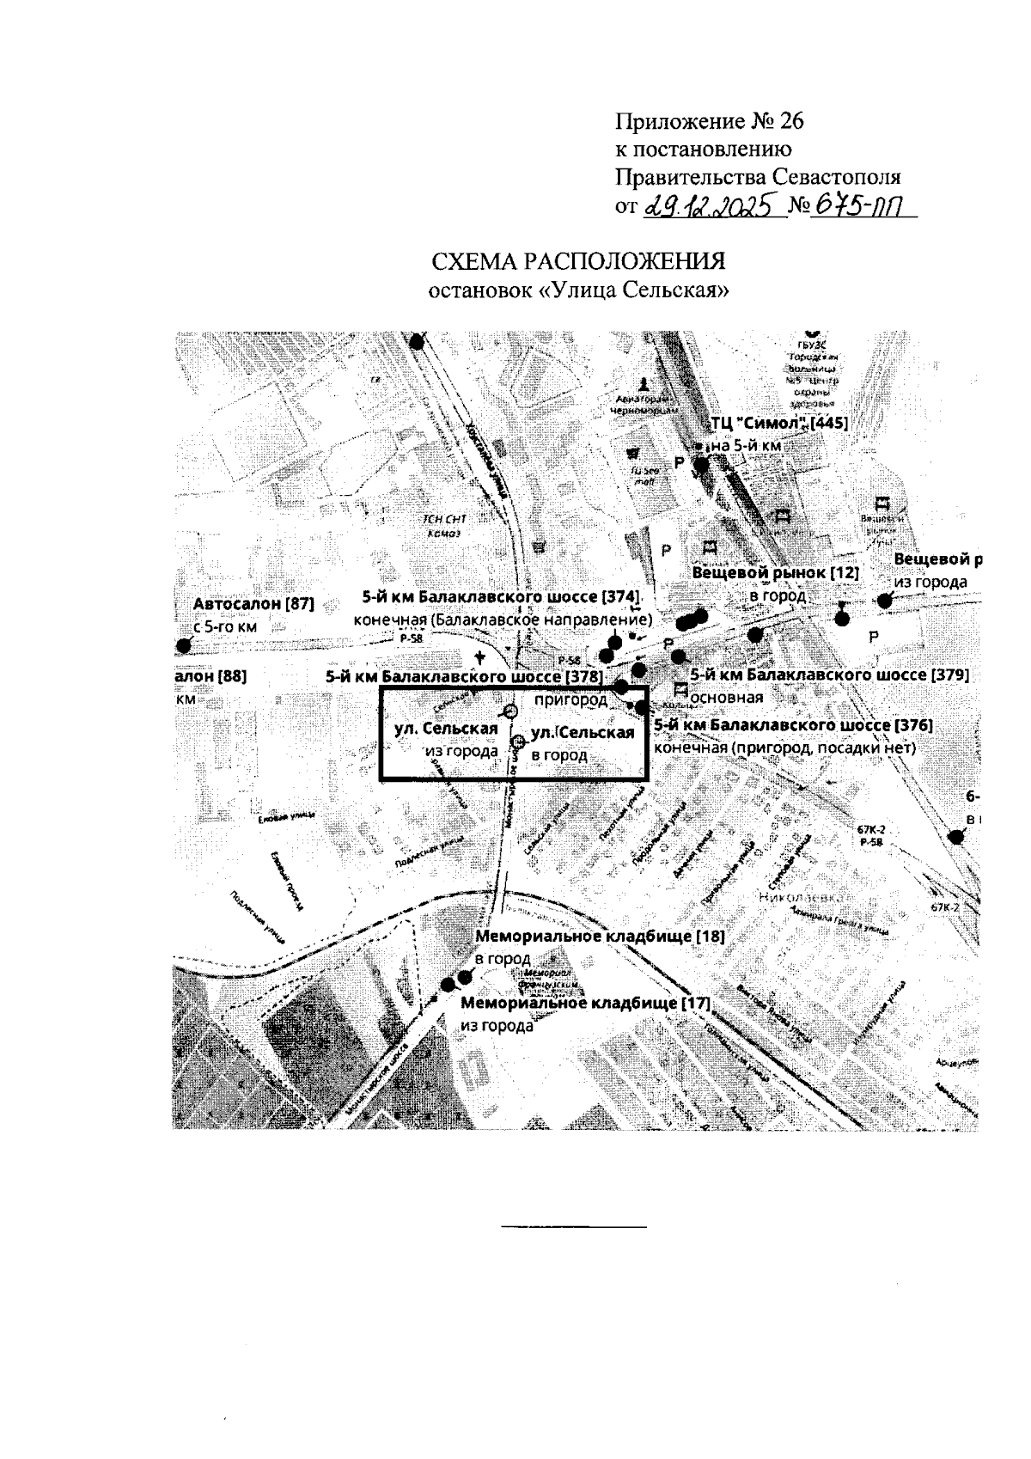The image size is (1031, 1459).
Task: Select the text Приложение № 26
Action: click(710, 121)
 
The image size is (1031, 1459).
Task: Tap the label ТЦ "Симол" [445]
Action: click(779, 424)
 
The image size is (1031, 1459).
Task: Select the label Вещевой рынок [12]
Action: click(775, 572)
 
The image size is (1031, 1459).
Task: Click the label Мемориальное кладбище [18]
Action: click(600, 937)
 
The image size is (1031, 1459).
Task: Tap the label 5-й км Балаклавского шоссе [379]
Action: click(830, 675)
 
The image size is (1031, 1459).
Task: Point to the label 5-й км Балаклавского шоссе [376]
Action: click(793, 726)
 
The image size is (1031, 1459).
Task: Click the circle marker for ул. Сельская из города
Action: click(509, 711)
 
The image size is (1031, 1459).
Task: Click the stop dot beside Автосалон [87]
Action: click(182, 646)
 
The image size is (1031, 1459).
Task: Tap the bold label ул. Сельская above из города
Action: click(446, 729)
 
